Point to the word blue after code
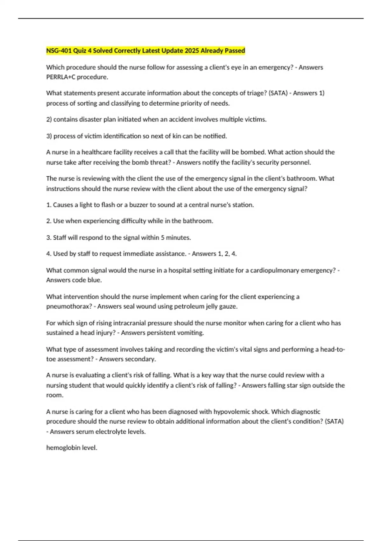click(95, 280)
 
